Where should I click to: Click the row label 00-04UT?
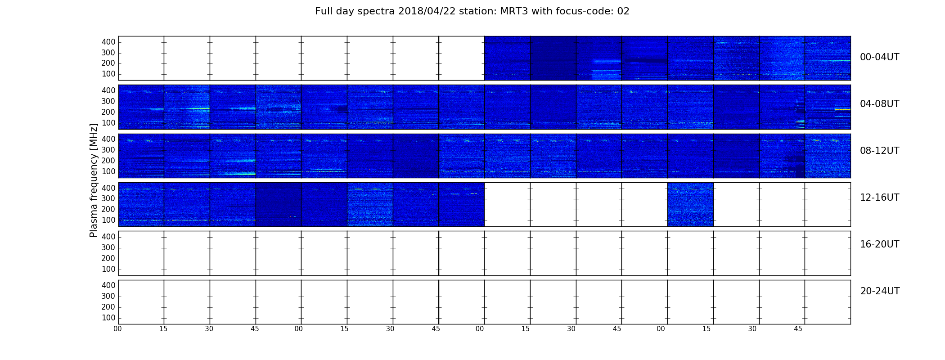879,57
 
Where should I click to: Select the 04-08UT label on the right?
879,104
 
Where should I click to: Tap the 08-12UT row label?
879,151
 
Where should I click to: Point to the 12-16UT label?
879,198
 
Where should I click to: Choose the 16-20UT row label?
879,244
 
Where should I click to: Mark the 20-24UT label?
880,291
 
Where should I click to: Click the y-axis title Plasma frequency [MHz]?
94,180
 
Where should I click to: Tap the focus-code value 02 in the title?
623,11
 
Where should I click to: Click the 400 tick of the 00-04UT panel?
108,42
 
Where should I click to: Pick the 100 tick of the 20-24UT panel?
108,318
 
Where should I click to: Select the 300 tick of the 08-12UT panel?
108,150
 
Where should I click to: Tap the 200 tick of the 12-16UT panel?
108,209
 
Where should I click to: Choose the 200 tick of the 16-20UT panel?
108,258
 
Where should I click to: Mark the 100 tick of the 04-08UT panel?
108,123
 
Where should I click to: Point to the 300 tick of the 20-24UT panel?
108,296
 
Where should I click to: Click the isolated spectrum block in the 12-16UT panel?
690,204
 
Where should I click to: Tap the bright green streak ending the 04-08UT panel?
842,109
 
